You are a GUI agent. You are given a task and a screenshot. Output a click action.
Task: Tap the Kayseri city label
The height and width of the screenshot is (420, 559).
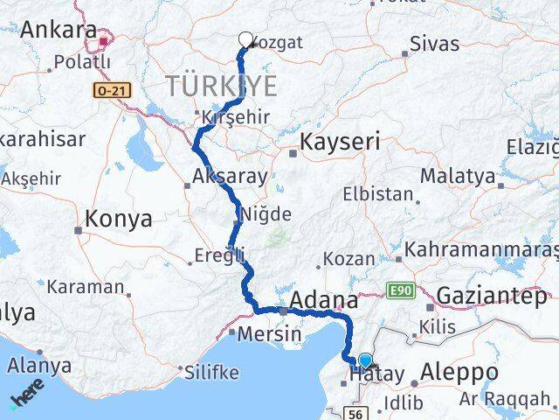coord(340,142)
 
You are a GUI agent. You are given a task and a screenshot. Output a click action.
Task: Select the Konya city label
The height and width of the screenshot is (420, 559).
coord(119,218)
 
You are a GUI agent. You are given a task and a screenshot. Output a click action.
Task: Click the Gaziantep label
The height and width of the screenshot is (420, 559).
coord(491,296)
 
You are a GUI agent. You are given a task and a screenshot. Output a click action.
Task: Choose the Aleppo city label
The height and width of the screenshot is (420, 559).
coord(459,372)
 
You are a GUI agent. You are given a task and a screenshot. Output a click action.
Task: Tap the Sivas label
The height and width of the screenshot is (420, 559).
coord(434,42)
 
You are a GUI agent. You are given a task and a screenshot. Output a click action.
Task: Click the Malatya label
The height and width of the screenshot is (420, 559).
coord(457,176)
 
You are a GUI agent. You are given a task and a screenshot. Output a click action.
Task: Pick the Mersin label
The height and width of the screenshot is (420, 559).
coord(271,333)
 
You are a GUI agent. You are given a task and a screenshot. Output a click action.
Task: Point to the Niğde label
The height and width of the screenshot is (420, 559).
coord(266,213)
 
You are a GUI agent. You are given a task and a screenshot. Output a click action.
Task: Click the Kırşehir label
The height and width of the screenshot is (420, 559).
coord(232,117)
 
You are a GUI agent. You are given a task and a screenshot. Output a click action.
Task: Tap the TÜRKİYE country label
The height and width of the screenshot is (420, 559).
coord(221,86)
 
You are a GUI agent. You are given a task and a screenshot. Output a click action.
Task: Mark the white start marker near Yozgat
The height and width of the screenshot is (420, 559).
coord(245,39)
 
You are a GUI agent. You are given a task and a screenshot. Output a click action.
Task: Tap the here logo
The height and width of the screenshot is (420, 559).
coord(28,393)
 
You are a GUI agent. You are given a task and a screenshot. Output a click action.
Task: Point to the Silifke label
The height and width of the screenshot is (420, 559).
coord(211,372)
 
